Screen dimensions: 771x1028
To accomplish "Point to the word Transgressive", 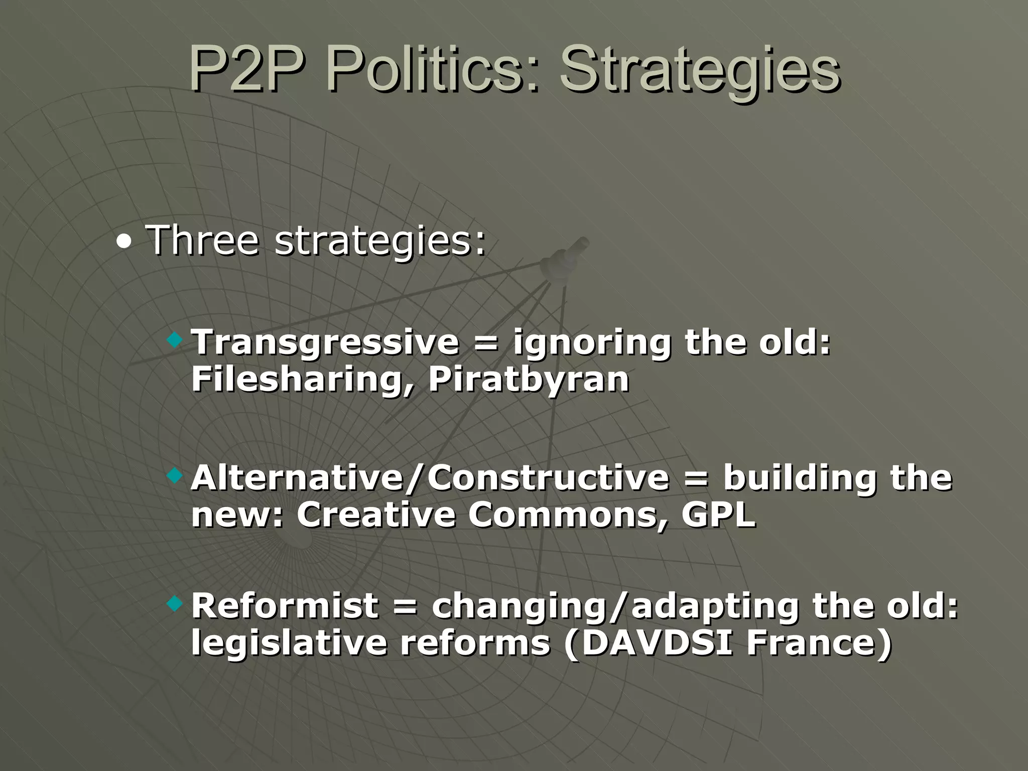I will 325,342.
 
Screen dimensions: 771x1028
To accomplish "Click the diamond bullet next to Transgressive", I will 175,341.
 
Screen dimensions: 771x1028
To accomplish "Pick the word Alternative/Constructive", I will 430,477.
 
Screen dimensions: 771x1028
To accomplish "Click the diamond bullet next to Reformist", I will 175,604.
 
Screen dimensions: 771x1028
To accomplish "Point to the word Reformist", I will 285,605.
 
